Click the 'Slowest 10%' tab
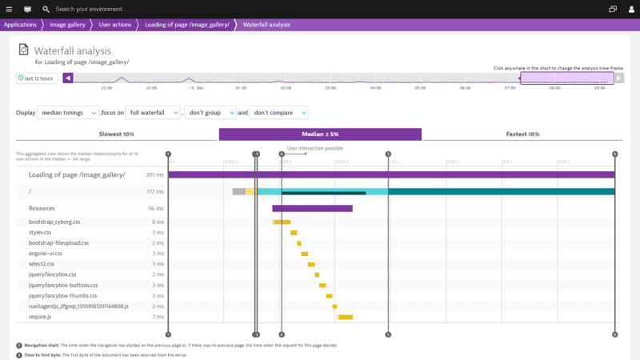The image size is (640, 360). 117,134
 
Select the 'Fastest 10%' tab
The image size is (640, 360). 522,134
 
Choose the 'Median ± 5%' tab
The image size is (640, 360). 320,134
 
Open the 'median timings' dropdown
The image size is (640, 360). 68,113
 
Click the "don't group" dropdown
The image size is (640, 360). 210,113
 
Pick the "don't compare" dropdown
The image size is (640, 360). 279,113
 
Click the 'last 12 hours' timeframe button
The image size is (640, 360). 37,78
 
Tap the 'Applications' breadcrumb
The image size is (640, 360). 20,25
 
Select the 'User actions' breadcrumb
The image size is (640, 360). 115,25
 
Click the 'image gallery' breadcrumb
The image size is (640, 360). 68,25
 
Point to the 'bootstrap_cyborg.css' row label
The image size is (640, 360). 54,222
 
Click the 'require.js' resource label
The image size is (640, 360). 40,317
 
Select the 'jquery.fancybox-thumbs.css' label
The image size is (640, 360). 65,295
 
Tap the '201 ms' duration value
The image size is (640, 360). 154,174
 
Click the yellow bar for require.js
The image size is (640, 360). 345,317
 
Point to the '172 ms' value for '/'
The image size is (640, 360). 154,192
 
